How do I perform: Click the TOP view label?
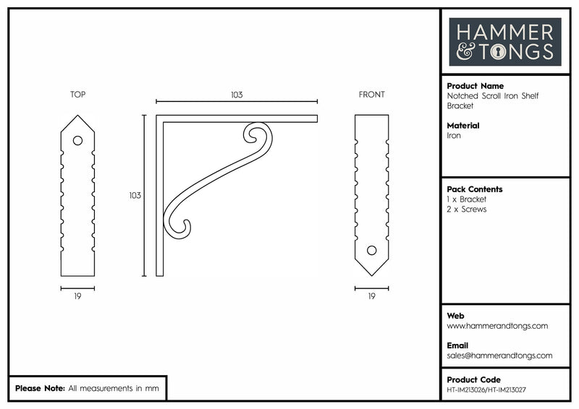coord(78,95)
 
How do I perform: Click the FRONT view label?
coord(371,95)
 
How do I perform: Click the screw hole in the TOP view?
coord(77,140)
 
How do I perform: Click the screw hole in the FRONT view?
coord(372,251)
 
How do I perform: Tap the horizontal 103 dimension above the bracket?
coord(237,95)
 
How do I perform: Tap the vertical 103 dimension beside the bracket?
coord(135,195)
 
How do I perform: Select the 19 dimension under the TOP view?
coord(77,296)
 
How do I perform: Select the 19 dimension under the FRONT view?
coord(371,296)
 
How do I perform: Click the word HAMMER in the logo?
coord(504,33)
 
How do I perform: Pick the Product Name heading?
coord(476,86)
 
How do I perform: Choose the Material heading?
coord(463,126)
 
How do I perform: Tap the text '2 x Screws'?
coord(466,209)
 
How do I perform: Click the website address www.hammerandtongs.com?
coord(497,326)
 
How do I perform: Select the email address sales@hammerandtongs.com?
coord(499,356)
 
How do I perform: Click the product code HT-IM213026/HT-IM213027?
coord(486,389)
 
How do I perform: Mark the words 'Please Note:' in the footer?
coord(40,388)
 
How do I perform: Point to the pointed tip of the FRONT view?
coord(372,276)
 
